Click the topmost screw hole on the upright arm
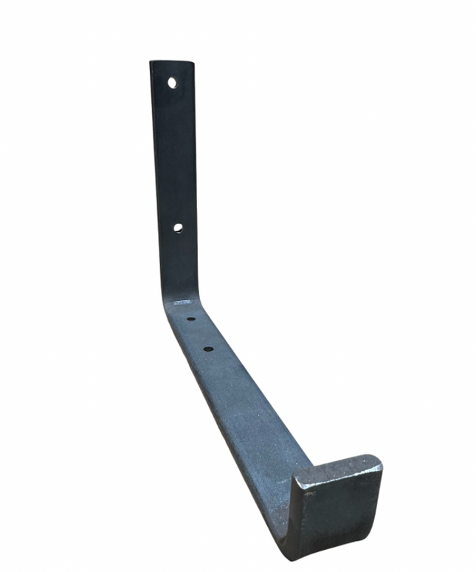172,83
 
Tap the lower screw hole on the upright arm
178,228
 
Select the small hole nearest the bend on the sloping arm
190,320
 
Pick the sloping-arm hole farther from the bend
208,348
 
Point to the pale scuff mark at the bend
182,302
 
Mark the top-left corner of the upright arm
151,63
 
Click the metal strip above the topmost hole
172,69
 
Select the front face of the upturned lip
336,510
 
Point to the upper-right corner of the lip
381,460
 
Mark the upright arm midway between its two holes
175,155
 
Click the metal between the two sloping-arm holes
199,334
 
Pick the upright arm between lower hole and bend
178,262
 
